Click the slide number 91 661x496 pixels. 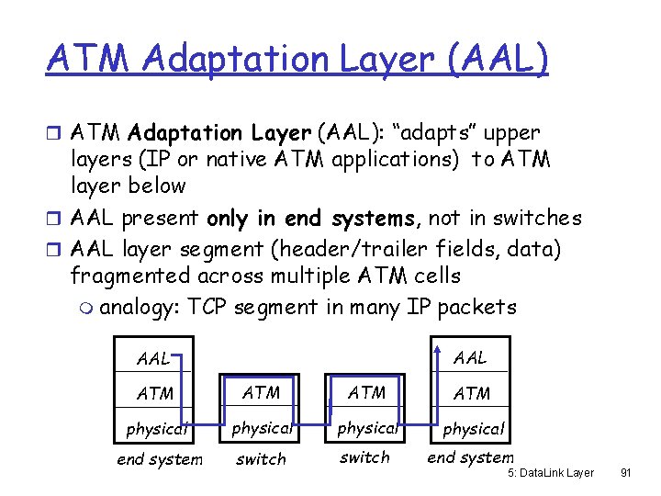tap(626, 473)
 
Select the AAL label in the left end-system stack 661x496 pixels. tap(152, 358)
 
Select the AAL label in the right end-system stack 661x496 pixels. tap(469, 357)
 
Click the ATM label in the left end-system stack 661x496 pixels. tap(154, 393)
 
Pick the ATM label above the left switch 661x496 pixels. tap(261, 392)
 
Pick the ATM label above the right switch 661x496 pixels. tap(367, 392)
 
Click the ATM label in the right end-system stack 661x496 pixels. tap(472, 393)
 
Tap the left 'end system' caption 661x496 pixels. tap(160, 459)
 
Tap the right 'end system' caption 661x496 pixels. tap(470, 457)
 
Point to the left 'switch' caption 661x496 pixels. tap(261, 459)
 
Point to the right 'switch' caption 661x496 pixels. tap(364, 457)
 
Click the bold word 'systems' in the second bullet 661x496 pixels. tap(377, 218)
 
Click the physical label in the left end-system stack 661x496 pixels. tap(156, 427)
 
